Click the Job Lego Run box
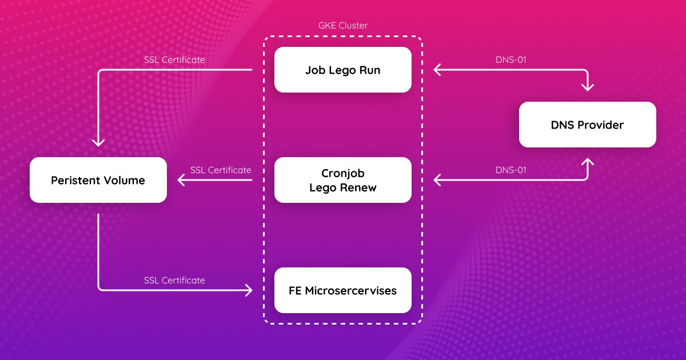342,70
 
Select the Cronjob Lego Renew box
342,180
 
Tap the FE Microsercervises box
342,290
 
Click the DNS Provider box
587,125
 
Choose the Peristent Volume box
98,180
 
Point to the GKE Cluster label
342,26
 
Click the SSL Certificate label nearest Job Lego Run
174,59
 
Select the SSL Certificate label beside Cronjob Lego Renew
221,170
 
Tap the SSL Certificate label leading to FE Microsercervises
174,280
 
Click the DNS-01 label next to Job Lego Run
510,59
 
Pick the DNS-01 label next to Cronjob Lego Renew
510,170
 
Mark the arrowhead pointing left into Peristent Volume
181,180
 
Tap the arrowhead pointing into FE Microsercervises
248,290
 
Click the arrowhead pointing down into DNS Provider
587,87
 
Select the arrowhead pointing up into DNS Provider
587,162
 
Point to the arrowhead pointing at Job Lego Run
437,70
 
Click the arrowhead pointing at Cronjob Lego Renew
437,180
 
